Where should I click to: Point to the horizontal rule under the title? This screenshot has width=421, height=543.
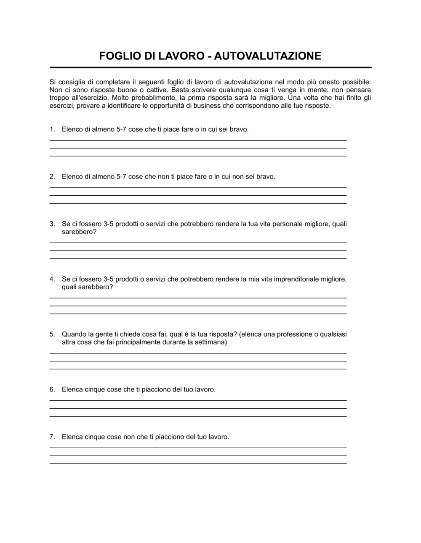210,67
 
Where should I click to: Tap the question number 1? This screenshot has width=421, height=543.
52,129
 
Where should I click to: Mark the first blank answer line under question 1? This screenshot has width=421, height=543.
198,140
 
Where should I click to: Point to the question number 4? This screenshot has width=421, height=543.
52,279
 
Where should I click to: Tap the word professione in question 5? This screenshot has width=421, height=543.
295,334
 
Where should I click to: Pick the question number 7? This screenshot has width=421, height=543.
52,437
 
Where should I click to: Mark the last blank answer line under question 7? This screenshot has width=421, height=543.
198,463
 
